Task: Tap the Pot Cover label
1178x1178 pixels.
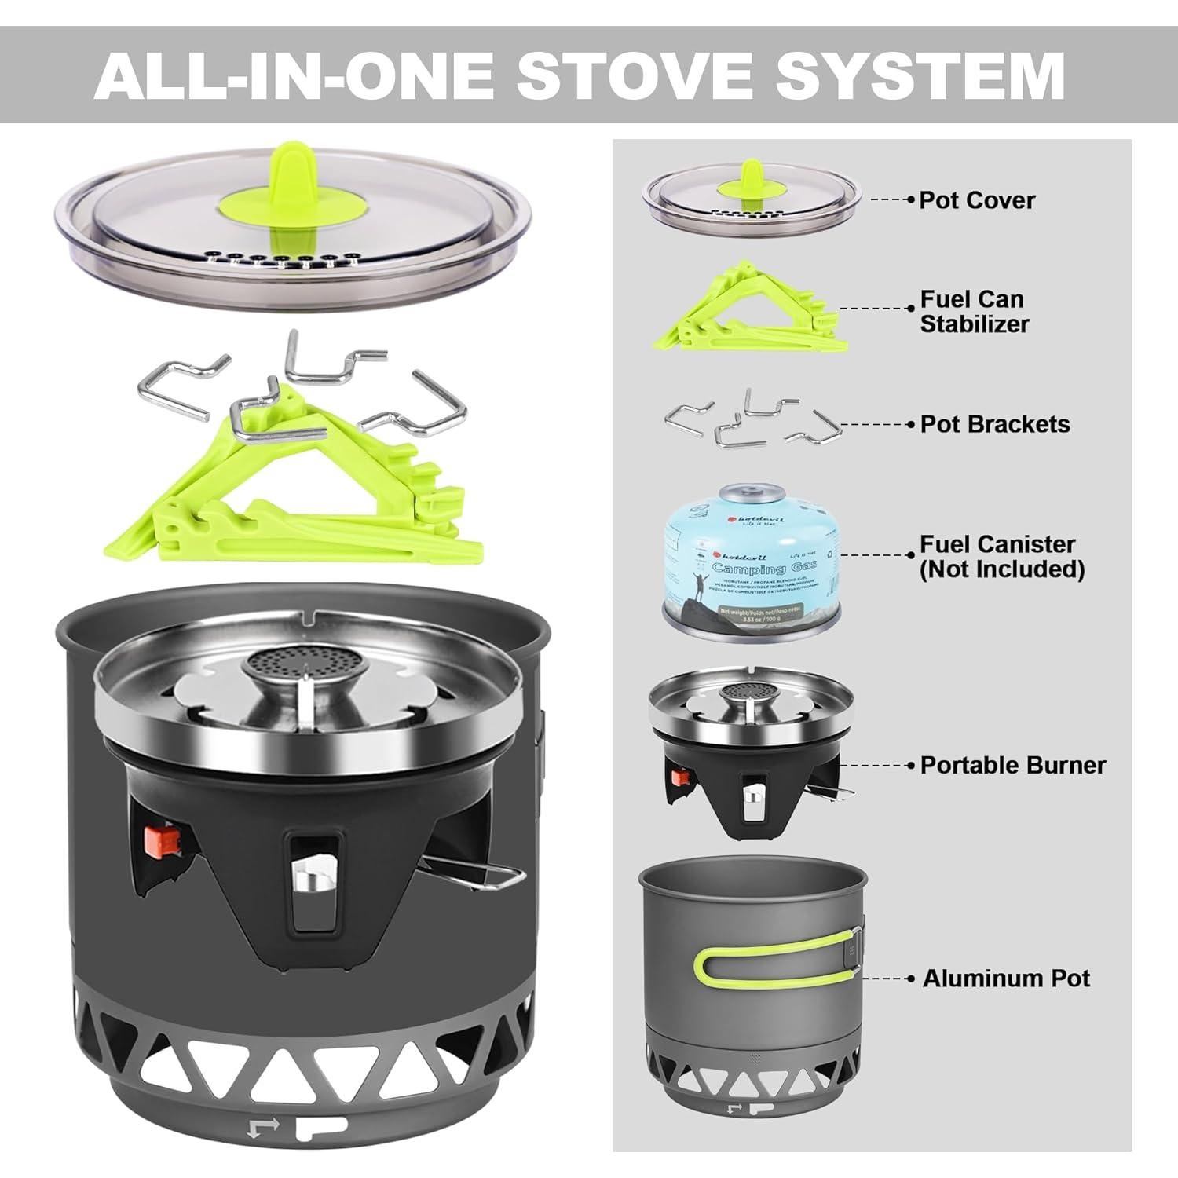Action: [977, 200]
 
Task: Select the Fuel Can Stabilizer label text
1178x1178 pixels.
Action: [974, 312]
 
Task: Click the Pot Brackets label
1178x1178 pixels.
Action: [994, 424]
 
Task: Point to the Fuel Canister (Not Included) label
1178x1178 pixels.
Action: [1001, 556]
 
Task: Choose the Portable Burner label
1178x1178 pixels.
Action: [1012, 765]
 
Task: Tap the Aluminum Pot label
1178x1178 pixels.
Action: [1006, 979]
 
